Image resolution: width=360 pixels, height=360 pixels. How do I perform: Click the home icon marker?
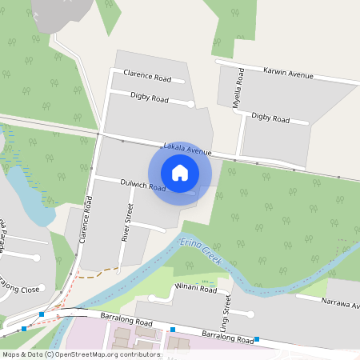click(x=180, y=173)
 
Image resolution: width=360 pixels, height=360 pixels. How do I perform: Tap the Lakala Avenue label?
click(x=187, y=149)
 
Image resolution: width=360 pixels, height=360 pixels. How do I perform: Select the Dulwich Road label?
click(x=142, y=185)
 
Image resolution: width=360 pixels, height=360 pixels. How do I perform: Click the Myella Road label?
click(x=238, y=89)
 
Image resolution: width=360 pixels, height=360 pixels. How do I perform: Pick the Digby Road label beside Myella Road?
click(x=270, y=117)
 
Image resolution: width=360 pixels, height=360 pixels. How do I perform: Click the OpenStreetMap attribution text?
click(x=80, y=354)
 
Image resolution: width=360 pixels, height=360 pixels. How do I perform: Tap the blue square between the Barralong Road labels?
click(x=172, y=329)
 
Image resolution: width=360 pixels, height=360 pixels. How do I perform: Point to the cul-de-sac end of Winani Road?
click(x=151, y=298)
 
